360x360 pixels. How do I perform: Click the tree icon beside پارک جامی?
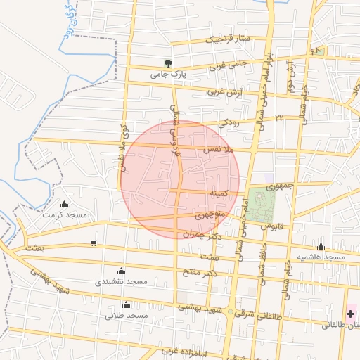(x=167, y=62)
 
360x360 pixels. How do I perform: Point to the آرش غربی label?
(x=226, y=93)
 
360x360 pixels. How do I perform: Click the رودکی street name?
(x=229, y=122)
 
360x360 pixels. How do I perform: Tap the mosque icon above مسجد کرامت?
(x=65, y=204)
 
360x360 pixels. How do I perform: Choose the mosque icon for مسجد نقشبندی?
(x=121, y=271)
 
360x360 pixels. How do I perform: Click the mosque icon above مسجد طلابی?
(x=126, y=305)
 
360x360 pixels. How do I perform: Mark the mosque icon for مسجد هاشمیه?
(x=321, y=247)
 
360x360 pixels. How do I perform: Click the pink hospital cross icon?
(x=350, y=312)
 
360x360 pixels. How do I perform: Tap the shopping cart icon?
(x=94, y=243)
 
